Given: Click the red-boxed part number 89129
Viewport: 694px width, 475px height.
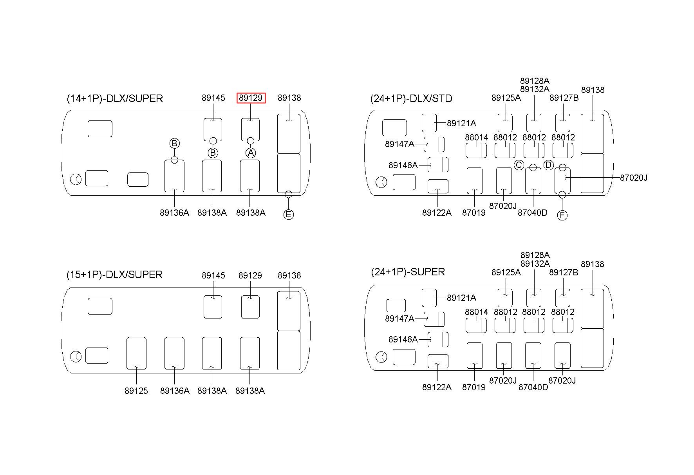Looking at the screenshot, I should (251, 98).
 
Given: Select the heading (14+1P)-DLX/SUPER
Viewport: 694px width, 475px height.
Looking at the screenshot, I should (115, 98).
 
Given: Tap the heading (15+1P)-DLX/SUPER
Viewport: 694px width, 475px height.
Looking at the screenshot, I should (114, 275).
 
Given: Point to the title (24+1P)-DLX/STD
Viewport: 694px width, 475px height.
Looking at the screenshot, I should (411, 98).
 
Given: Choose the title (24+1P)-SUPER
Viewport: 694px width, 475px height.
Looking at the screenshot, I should (408, 272).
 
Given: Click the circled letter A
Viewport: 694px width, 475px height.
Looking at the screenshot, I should (251, 153).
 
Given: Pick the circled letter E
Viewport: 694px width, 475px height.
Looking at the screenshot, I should (288, 215).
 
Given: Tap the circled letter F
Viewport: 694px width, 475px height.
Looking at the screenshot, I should (562, 215).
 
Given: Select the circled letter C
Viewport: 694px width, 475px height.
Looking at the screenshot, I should (519, 165).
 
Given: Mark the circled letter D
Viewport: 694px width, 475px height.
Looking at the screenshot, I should (548, 165).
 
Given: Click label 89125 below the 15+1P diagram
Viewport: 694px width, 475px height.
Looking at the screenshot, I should (136, 391).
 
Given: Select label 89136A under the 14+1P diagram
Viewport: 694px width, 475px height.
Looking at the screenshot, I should (174, 213).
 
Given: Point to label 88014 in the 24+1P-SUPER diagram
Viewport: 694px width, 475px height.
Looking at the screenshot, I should (477, 312).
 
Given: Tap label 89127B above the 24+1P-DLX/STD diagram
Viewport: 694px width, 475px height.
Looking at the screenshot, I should (564, 98).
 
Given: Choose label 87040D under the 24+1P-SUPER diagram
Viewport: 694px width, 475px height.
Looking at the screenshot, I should (533, 387).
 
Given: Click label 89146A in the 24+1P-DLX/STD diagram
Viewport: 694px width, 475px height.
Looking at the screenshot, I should (403, 165).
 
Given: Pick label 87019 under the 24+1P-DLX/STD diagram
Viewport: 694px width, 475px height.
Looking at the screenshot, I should (474, 213).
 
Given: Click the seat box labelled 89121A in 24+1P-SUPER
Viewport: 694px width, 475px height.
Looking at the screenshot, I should (429, 298).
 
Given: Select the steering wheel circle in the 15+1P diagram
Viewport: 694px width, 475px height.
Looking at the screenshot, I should (76, 357).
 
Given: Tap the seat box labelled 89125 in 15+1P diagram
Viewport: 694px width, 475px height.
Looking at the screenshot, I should (136, 353).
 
